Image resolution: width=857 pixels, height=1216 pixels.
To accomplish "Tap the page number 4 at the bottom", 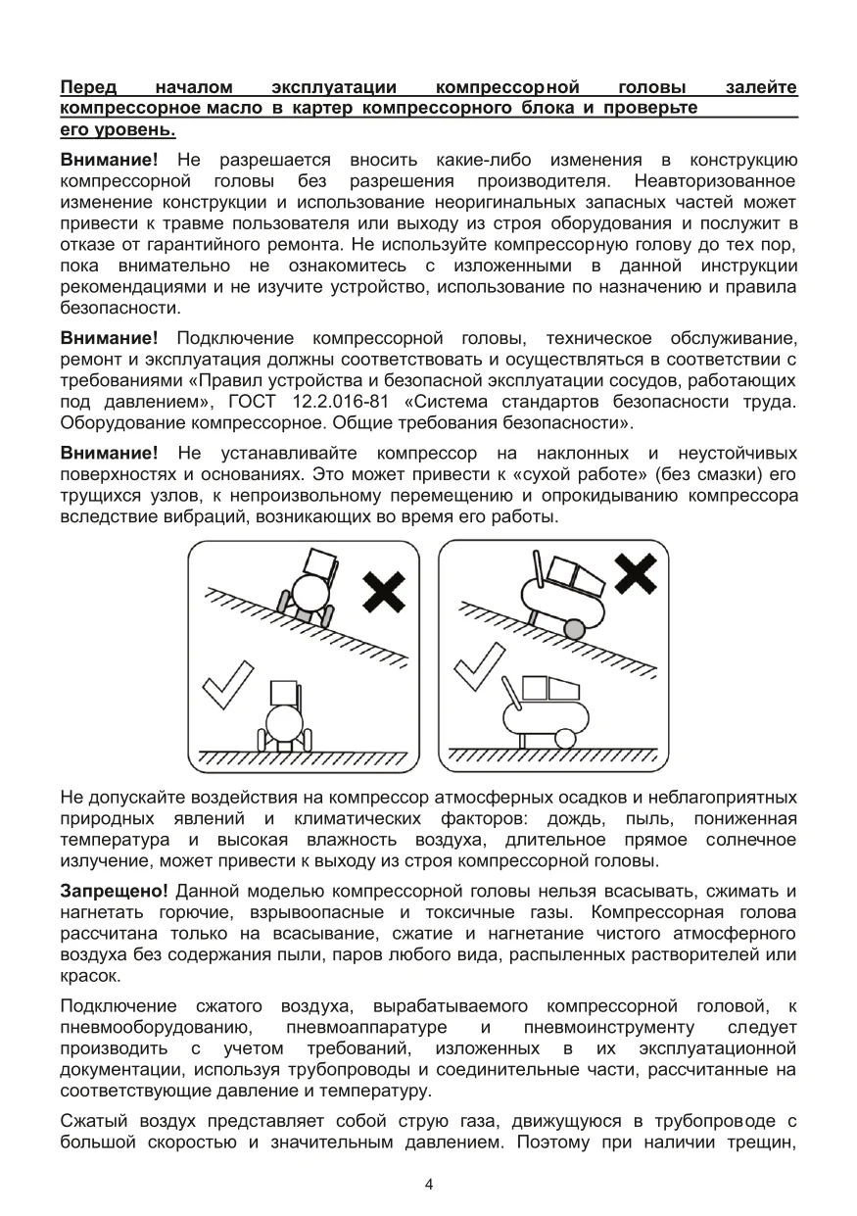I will (429, 1184).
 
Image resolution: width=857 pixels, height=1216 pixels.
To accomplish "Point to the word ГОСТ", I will (254, 403).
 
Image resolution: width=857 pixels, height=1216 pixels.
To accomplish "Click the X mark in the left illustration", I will (385, 592).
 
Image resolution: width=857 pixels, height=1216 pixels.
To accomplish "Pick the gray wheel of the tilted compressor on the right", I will (575, 627).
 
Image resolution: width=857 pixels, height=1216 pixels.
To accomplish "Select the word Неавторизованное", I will (715, 181).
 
